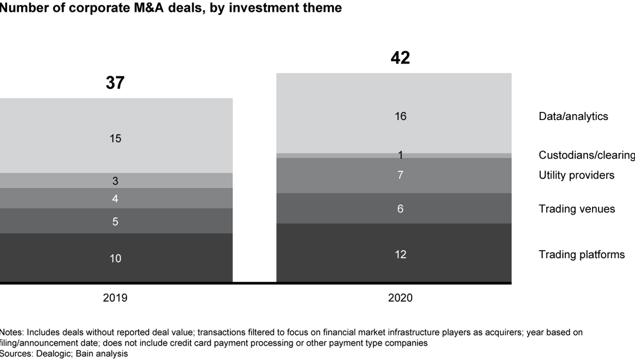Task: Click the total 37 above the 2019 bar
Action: (x=115, y=83)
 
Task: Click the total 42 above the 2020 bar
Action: (x=400, y=58)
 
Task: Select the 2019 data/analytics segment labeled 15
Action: (x=115, y=138)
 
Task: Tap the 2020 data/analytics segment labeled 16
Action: (x=400, y=116)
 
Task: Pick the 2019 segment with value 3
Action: (x=115, y=181)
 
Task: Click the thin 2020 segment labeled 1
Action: (x=400, y=155)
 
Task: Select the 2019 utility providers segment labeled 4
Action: (x=115, y=199)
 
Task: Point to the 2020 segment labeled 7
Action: (x=400, y=175)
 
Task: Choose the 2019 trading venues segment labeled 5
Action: (x=115, y=222)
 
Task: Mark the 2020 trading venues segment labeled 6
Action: (x=400, y=209)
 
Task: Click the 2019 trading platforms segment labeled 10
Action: (x=115, y=258)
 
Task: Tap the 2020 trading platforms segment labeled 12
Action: (x=400, y=254)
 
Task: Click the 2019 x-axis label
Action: (x=115, y=298)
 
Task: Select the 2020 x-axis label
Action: (x=400, y=298)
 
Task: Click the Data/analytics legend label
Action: (x=573, y=116)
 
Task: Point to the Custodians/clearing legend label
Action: (x=586, y=155)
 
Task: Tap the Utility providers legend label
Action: (x=576, y=175)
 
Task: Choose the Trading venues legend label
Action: (x=577, y=209)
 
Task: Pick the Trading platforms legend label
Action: (x=581, y=255)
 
